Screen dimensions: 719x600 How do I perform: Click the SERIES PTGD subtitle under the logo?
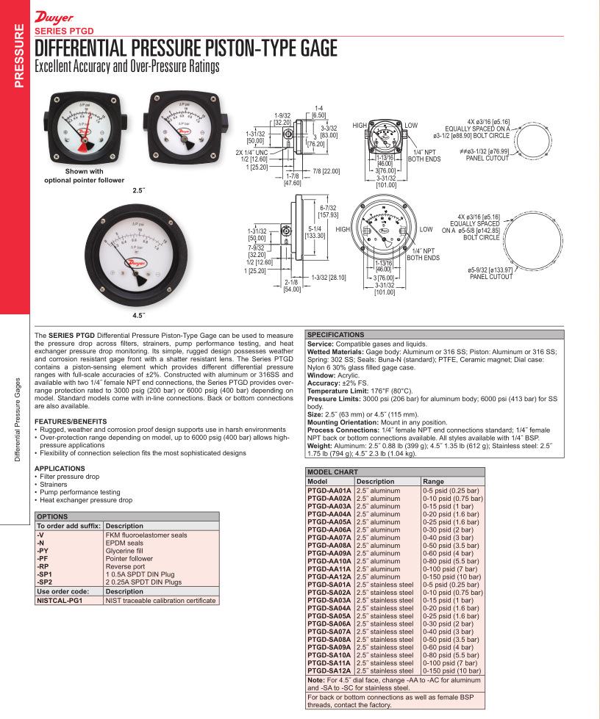(x=64, y=31)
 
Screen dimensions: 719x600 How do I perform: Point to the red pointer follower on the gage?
(x=82, y=145)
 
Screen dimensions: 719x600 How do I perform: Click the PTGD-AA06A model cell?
(x=329, y=530)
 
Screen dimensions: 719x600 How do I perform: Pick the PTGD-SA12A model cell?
(x=329, y=671)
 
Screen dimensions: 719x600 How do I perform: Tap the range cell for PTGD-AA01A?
(x=451, y=490)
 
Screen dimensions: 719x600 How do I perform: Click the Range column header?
(x=434, y=482)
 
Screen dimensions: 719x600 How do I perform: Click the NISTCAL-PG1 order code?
(x=59, y=600)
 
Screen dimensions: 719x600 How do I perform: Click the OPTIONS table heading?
(x=52, y=517)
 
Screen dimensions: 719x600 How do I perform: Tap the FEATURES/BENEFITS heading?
(x=71, y=421)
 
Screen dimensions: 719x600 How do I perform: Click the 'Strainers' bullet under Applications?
(x=54, y=485)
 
